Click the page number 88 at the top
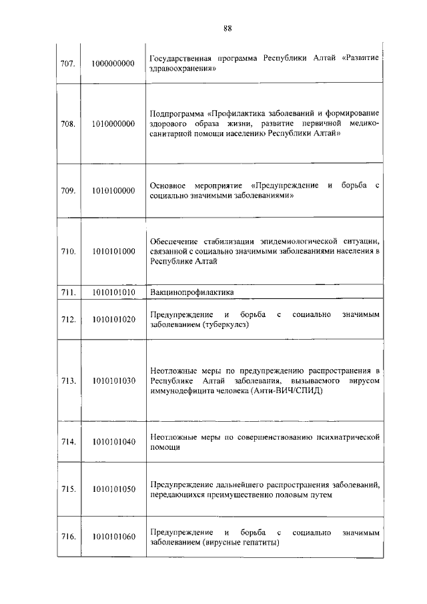pyautogui.click(x=228, y=27)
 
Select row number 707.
pyautogui.click(x=67, y=63)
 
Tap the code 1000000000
pyautogui.click(x=113, y=63)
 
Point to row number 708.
pyautogui.click(x=67, y=123)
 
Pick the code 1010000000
pyautogui.click(x=113, y=123)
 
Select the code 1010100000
pyautogui.click(x=113, y=191)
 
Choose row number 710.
pyautogui.click(x=67, y=252)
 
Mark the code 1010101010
pyautogui.click(x=113, y=292)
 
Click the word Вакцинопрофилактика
pyautogui.click(x=190, y=292)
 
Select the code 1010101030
pyautogui.click(x=113, y=380)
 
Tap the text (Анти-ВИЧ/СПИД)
pyautogui.click(x=288, y=391)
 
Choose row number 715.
pyautogui.click(x=67, y=489)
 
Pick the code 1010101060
pyautogui.click(x=113, y=537)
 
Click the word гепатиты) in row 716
pyautogui.click(x=261, y=543)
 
